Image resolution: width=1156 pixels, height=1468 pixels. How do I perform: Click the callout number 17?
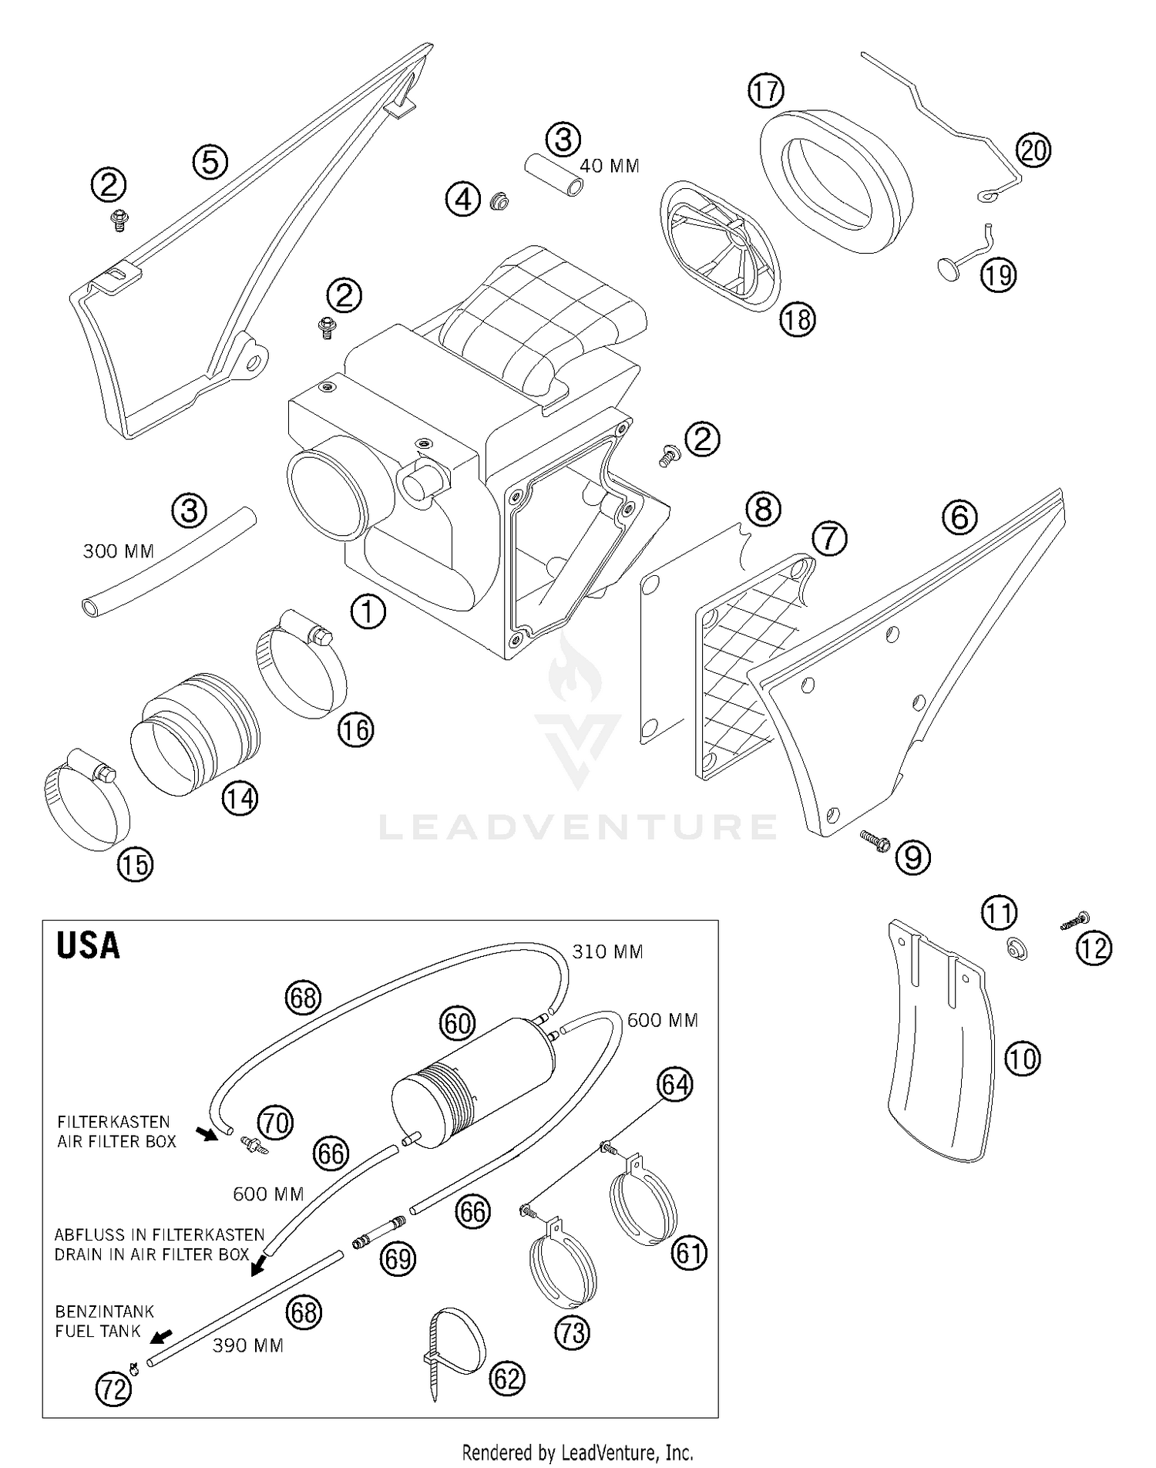click(x=765, y=91)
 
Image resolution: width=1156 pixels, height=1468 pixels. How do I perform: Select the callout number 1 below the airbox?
click(x=368, y=612)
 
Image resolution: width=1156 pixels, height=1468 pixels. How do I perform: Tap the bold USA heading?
click(x=88, y=945)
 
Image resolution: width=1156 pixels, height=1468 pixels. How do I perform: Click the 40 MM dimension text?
click(x=610, y=167)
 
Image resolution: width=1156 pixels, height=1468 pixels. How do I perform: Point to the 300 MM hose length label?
click(x=119, y=551)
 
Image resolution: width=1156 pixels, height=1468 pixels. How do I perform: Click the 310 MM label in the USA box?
click(x=607, y=952)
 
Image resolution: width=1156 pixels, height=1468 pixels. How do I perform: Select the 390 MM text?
click(x=248, y=1345)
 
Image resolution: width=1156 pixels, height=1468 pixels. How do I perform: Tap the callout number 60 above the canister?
click(x=458, y=1024)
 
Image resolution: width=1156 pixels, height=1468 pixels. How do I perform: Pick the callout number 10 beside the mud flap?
click(x=1022, y=1059)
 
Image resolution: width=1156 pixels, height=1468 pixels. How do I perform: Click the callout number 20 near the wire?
click(x=1033, y=150)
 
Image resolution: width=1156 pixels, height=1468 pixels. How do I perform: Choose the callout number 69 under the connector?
click(x=399, y=1259)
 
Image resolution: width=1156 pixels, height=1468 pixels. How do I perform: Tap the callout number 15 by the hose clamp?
click(x=135, y=865)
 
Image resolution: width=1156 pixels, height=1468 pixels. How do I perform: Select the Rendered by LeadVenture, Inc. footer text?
click(x=577, y=1453)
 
